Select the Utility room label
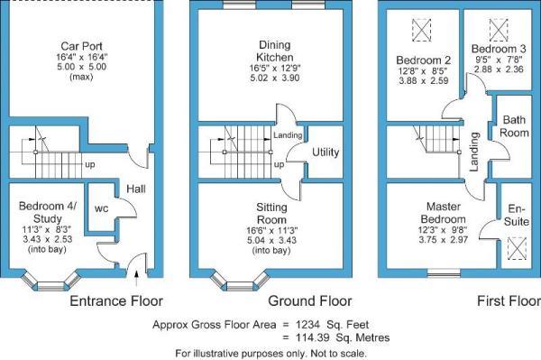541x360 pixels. [326, 152]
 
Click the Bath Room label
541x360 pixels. [515, 126]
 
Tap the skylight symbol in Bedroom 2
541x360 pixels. [419, 29]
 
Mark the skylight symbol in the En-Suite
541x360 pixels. [515, 245]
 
